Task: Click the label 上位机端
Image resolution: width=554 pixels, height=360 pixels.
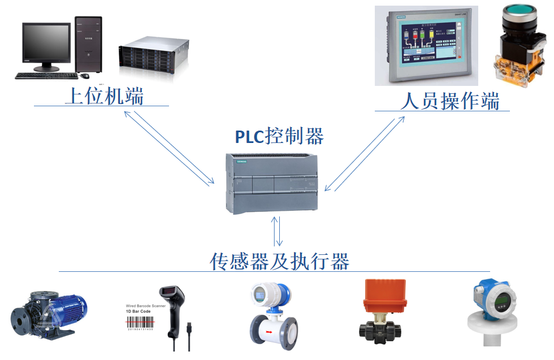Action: pyautogui.click(x=105, y=96)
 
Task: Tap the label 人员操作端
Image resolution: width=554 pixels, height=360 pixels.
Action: pyautogui.click(x=450, y=101)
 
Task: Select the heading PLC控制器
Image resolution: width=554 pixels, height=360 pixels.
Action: pyautogui.click(x=279, y=136)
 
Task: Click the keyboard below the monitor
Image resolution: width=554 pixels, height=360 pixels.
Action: pyautogui.click(x=42, y=76)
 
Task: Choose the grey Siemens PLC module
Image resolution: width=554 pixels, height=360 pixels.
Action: pyautogui.click(x=273, y=184)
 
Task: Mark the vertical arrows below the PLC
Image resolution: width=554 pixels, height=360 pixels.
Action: pyautogui.click(x=278, y=231)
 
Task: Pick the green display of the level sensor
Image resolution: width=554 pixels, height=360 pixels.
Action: pyautogui.click(x=499, y=303)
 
